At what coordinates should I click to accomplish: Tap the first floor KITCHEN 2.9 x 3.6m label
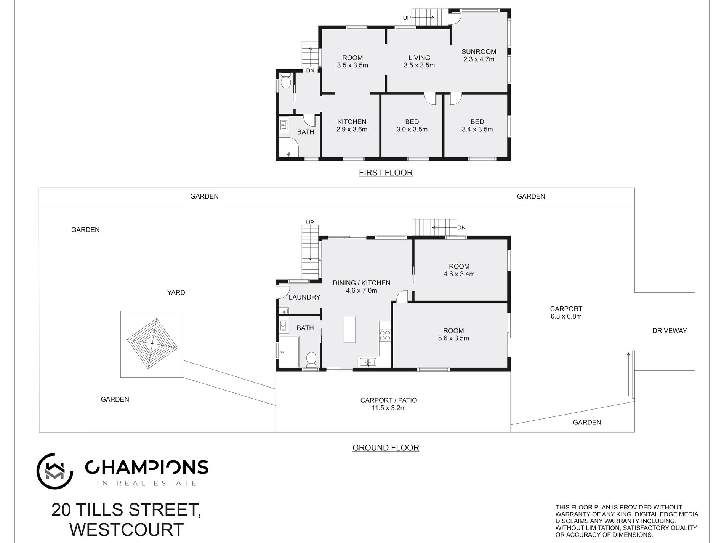click(352, 125)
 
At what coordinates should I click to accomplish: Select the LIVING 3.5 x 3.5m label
click(419, 61)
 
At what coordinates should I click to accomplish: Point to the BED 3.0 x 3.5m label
click(412, 125)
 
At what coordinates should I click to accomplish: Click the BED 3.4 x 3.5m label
click(477, 125)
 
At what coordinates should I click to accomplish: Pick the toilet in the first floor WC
click(285, 82)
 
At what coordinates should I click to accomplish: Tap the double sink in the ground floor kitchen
click(367, 362)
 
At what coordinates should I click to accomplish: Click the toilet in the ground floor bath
click(311, 359)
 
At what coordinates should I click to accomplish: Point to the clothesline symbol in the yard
click(152, 344)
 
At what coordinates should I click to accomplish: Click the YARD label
click(176, 293)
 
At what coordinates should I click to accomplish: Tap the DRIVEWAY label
click(669, 331)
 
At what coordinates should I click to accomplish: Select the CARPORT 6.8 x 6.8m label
click(566, 312)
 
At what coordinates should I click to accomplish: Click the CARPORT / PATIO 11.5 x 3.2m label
click(389, 404)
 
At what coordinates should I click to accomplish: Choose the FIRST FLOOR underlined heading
click(386, 173)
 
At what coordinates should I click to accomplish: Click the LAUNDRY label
click(304, 297)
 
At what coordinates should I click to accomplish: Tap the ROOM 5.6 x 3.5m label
click(453, 334)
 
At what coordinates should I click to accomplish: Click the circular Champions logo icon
click(54, 471)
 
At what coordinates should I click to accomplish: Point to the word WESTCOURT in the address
click(127, 530)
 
